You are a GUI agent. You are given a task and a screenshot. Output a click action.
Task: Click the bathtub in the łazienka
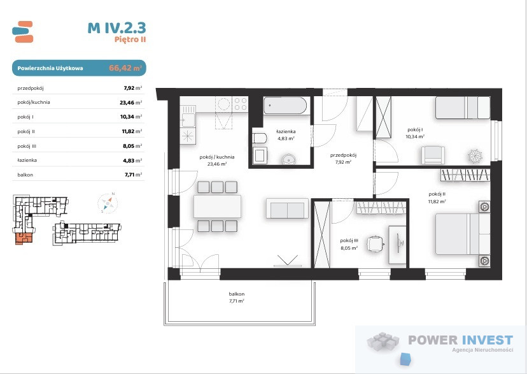tap(285, 106)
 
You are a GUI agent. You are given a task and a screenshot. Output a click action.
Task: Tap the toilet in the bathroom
tap(260, 138)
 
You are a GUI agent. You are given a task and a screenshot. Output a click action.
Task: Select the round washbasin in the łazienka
tap(289, 159)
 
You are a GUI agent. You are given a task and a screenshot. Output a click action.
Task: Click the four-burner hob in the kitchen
tap(241, 104)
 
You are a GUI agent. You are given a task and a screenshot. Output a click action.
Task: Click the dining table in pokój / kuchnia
tap(218, 206)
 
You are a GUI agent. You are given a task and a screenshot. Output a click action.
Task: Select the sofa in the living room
tap(287, 208)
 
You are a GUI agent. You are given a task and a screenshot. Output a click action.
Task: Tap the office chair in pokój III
tap(376, 244)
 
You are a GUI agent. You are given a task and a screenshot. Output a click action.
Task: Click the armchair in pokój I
tap(433, 155)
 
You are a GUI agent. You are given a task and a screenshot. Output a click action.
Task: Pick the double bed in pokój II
tap(463, 234)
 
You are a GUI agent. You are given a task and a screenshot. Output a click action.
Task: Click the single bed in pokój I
tap(463, 108)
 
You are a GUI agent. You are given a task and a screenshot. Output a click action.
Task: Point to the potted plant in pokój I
tap(475, 156)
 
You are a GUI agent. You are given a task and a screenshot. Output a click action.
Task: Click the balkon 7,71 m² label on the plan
tap(237, 298)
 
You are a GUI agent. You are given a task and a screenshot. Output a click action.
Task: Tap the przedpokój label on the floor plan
tap(343, 155)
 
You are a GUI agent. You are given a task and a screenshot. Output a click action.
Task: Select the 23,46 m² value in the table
tap(130, 103)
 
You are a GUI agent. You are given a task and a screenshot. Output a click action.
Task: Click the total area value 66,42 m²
tap(125, 68)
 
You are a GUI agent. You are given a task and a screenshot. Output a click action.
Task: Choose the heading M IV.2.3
tap(116, 27)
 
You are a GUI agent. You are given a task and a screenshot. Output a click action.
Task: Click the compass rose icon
tap(108, 203)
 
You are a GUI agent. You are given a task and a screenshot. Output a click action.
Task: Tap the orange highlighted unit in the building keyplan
tap(24, 238)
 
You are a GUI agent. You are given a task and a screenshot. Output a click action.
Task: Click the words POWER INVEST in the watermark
tap(460, 340)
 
